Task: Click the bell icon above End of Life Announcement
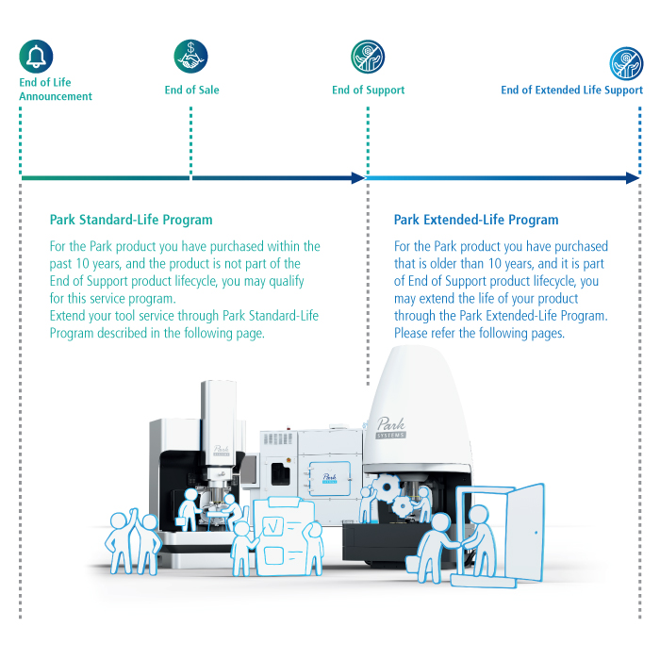click(x=36, y=57)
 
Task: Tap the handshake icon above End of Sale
click(x=190, y=57)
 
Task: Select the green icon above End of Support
click(x=368, y=57)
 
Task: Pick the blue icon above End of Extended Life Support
click(x=626, y=63)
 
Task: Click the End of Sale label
click(x=192, y=91)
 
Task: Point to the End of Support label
click(x=369, y=91)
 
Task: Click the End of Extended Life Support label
click(x=572, y=91)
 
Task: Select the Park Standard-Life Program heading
click(x=131, y=220)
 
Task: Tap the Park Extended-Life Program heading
click(x=476, y=220)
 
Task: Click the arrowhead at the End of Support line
click(x=358, y=178)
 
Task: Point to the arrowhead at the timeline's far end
click(x=633, y=178)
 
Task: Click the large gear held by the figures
click(x=387, y=487)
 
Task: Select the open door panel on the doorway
click(x=524, y=533)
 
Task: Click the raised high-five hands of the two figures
click(x=134, y=516)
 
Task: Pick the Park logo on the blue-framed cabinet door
click(x=329, y=478)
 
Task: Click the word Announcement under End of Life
click(x=56, y=96)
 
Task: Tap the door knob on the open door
click(x=536, y=533)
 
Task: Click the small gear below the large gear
click(x=403, y=506)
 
